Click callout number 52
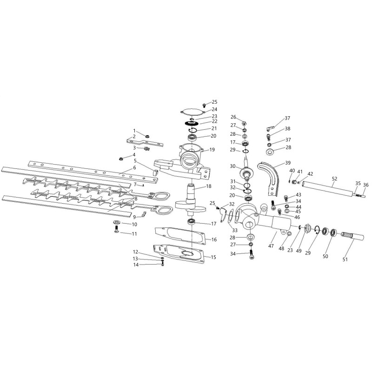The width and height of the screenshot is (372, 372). (x=334, y=178)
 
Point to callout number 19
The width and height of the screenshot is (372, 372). (x=212, y=150)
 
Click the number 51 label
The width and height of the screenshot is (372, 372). (x=345, y=259)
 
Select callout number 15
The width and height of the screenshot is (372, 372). (x=214, y=257)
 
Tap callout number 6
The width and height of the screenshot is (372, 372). (x=134, y=168)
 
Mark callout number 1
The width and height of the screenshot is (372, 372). (x=134, y=131)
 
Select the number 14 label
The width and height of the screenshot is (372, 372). (x=136, y=265)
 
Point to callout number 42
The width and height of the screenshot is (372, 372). (x=310, y=173)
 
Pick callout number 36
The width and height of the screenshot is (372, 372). (x=365, y=185)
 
